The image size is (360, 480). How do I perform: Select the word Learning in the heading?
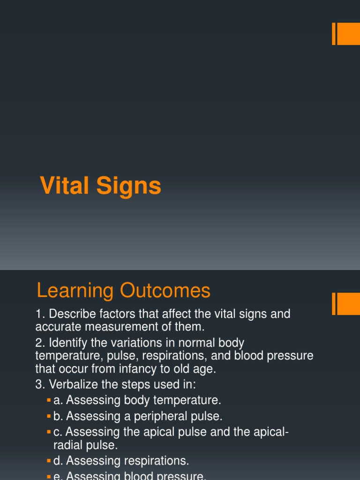pos(75,291)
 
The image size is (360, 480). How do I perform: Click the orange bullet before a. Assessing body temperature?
pos(49,401)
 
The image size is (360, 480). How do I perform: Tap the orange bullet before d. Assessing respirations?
pos(49,461)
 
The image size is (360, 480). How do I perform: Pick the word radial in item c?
pos(66,444)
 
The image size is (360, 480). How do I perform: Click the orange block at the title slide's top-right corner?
pos(348,34)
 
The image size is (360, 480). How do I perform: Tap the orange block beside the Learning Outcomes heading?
pos(348,304)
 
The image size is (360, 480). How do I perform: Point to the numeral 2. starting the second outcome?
pos(40,343)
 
